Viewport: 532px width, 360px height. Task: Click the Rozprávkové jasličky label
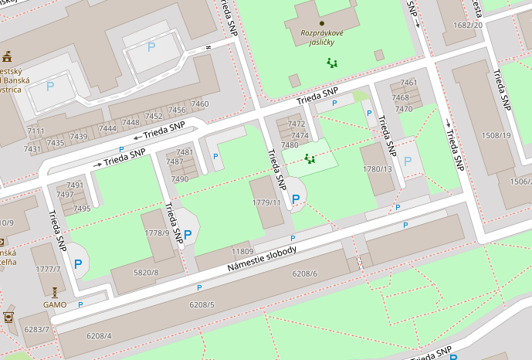(322, 37)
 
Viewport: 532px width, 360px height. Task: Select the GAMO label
(55, 304)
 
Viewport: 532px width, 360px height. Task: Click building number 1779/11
(266, 202)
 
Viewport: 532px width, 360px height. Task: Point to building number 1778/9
(157, 233)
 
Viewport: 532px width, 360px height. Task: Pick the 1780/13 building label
(378, 169)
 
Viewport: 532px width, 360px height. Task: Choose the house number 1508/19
(496, 135)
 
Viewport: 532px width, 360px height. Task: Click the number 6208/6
(305, 273)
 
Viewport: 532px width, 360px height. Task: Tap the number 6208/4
(99, 335)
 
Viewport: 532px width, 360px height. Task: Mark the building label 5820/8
(146, 272)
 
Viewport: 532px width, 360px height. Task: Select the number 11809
(242, 252)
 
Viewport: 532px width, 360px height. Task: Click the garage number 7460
(199, 104)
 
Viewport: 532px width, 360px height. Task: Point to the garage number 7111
(36, 131)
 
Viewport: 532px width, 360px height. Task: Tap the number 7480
(290, 145)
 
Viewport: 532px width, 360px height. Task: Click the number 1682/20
(468, 25)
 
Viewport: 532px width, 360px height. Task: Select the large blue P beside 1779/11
(296, 199)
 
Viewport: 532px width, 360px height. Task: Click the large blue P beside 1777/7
(78, 263)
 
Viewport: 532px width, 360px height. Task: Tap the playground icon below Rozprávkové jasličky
(332, 63)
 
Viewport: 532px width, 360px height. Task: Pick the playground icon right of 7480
(310, 158)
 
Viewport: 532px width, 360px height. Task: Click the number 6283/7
(36, 329)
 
